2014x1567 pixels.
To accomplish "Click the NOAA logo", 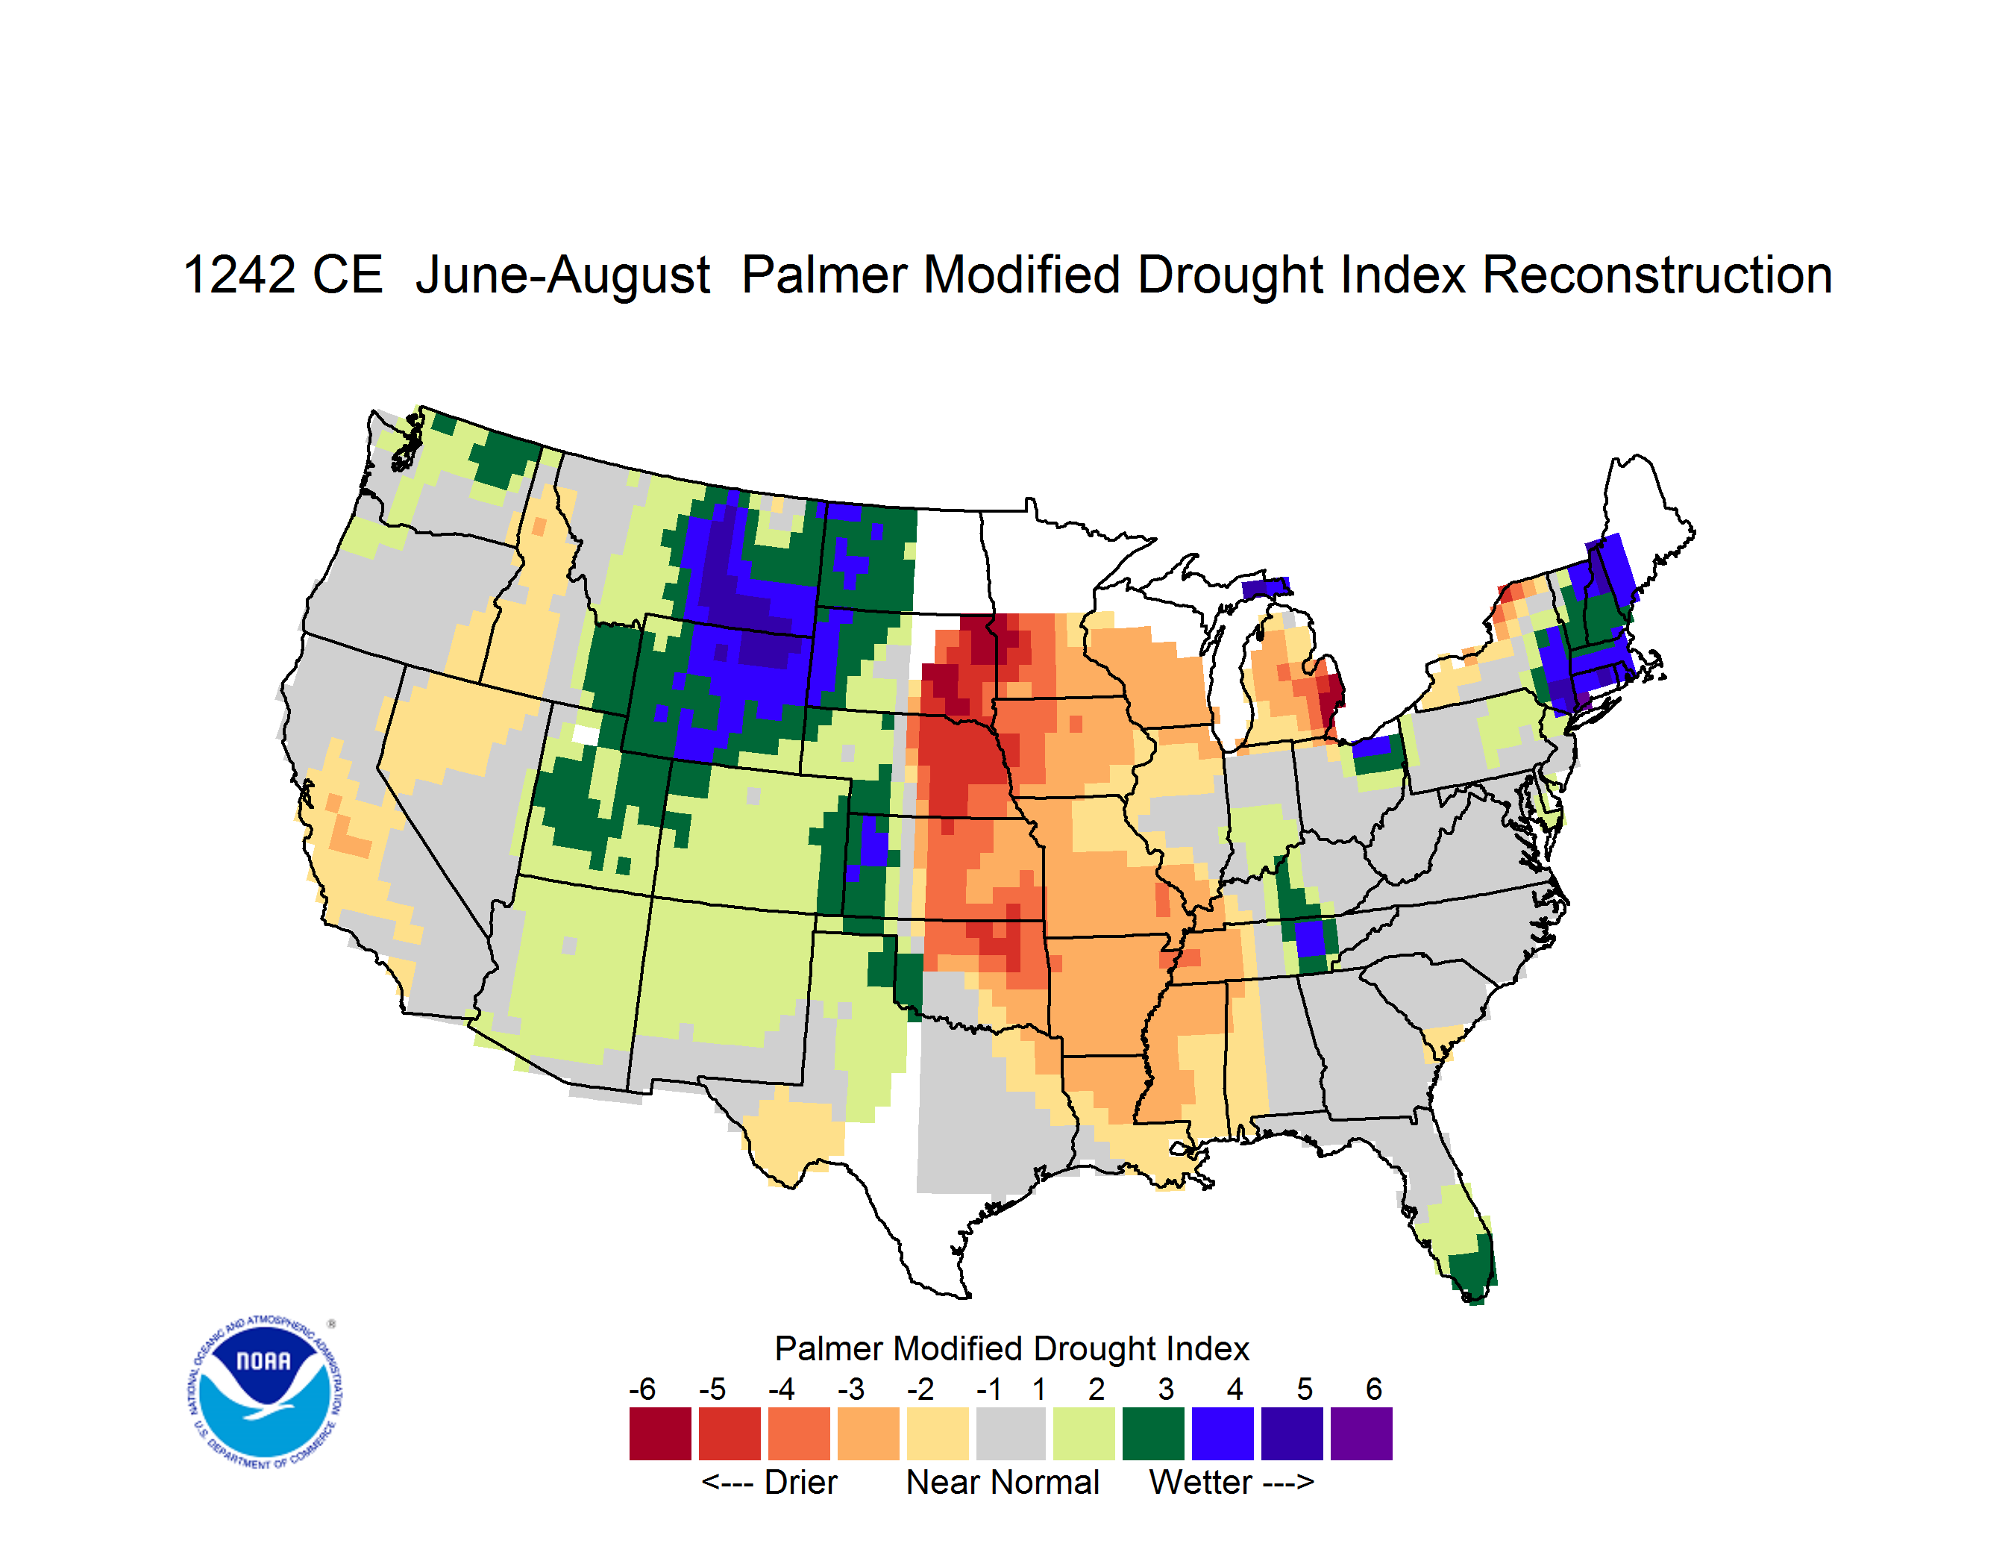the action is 265,1392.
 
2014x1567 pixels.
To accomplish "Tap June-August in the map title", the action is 562,277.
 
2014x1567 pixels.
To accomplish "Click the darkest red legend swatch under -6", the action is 660,1433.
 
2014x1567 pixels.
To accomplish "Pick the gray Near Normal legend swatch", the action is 1011,1433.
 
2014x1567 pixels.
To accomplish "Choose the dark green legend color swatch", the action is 1152,1433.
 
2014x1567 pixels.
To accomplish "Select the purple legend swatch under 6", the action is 1361,1433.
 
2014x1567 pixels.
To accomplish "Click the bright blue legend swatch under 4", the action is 1223,1433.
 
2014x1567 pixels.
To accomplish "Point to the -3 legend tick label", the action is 851,1389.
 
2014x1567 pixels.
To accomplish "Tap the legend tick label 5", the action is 1304,1389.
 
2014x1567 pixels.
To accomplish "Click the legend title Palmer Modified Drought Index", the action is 1011,1348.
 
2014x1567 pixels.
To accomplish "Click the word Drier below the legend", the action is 800,1482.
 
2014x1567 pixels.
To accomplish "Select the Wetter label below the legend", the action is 1199,1482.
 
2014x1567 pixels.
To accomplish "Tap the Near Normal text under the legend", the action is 1003,1482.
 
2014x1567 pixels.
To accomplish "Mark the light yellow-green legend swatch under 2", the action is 1084,1433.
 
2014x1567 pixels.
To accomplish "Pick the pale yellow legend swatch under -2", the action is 938,1433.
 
